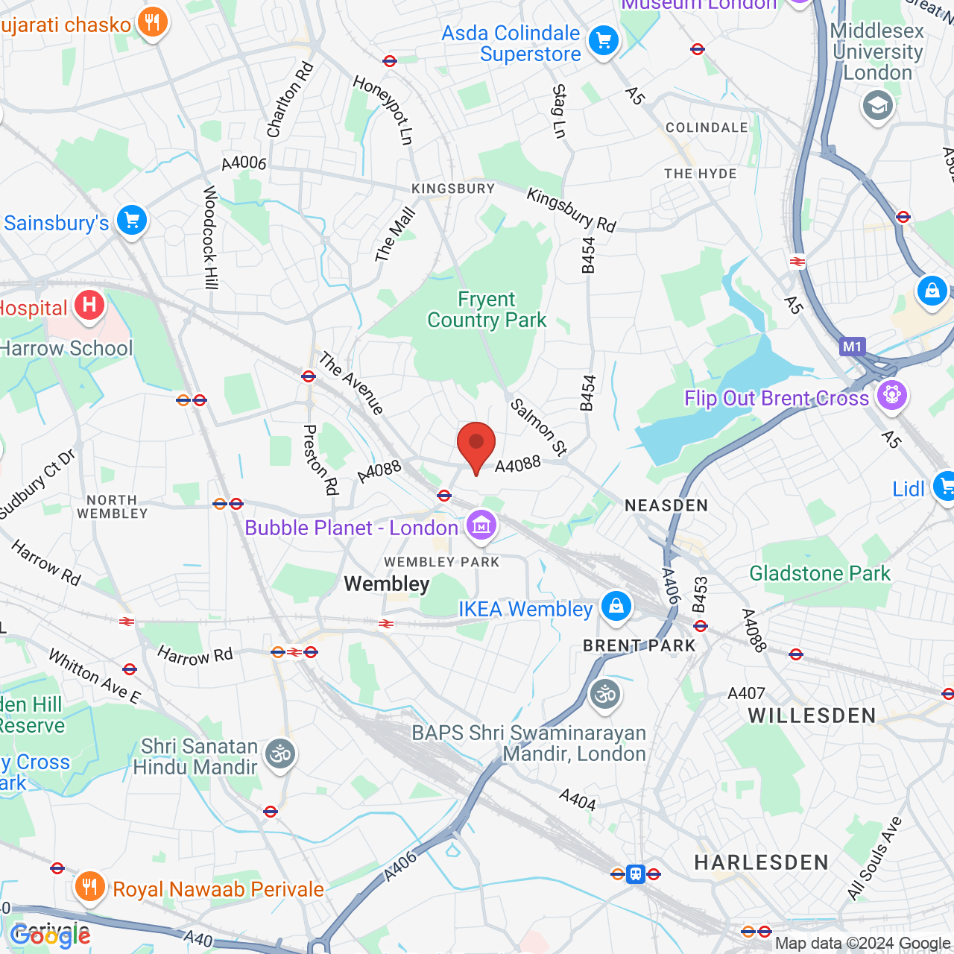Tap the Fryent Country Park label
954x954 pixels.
tap(487, 310)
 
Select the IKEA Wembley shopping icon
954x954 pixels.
tap(616, 607)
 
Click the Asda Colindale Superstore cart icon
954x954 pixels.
tap(603, 41)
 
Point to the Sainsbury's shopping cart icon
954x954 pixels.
tap(132, 221)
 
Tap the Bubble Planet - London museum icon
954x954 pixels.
tap(481, 526)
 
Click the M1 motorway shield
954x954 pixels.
tap(852, 347)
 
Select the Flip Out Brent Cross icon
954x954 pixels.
tap(891, 395)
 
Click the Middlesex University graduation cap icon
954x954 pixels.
tap(877, 106)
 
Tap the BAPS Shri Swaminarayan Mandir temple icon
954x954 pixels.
tap(604, 695)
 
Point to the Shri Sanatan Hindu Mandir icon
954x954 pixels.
tap(280, 755)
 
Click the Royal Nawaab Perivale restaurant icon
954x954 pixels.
tap(89, 887)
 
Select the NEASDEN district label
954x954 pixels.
tap(666, 506)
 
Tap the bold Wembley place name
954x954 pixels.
tap(387, 584)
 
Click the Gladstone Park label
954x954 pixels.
tap(819, 573)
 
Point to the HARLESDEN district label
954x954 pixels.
tap(761, 862)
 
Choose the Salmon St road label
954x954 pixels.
tap(539, 426)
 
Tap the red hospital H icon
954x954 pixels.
tap(89, 305)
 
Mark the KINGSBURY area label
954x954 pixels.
tap(453, 189)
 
